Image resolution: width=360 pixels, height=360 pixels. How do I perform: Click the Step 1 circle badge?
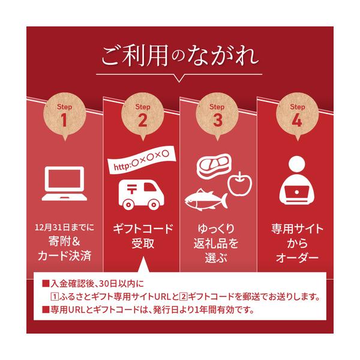(x=65, y=115)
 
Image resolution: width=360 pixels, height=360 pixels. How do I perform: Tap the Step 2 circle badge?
(x=143, y=115)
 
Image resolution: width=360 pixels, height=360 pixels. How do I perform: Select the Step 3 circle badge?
(x=217, y=115)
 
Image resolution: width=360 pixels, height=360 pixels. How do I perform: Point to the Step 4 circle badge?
(x=298, y=115)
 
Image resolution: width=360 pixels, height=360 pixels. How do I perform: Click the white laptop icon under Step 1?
(x=64, y=184)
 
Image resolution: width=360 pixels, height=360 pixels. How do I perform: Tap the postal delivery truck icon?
(x=142, y=194)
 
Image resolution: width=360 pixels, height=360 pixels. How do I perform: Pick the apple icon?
(x=239, y=184)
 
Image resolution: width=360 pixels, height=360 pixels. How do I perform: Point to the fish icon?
(x=206, y=200)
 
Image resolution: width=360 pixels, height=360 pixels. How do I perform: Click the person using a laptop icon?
(x=297, y=180)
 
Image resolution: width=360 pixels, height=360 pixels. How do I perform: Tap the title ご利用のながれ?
(x=180, y=56)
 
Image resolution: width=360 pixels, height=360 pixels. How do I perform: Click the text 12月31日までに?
(x=65, y=227)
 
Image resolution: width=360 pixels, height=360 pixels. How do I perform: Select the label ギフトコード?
(x=143, y=229)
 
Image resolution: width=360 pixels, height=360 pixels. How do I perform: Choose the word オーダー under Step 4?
(x=298, y=257)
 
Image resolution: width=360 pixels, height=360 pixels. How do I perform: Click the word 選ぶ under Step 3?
(x=216, y=257)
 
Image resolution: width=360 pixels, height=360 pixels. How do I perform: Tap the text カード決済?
(x=65, y=256)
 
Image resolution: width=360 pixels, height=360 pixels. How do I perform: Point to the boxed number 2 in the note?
(x=183, y=297)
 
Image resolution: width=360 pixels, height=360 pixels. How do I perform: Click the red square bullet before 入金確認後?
(x=46, y=284)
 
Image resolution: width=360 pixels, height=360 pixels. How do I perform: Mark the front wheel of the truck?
(x=128, y=205)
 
